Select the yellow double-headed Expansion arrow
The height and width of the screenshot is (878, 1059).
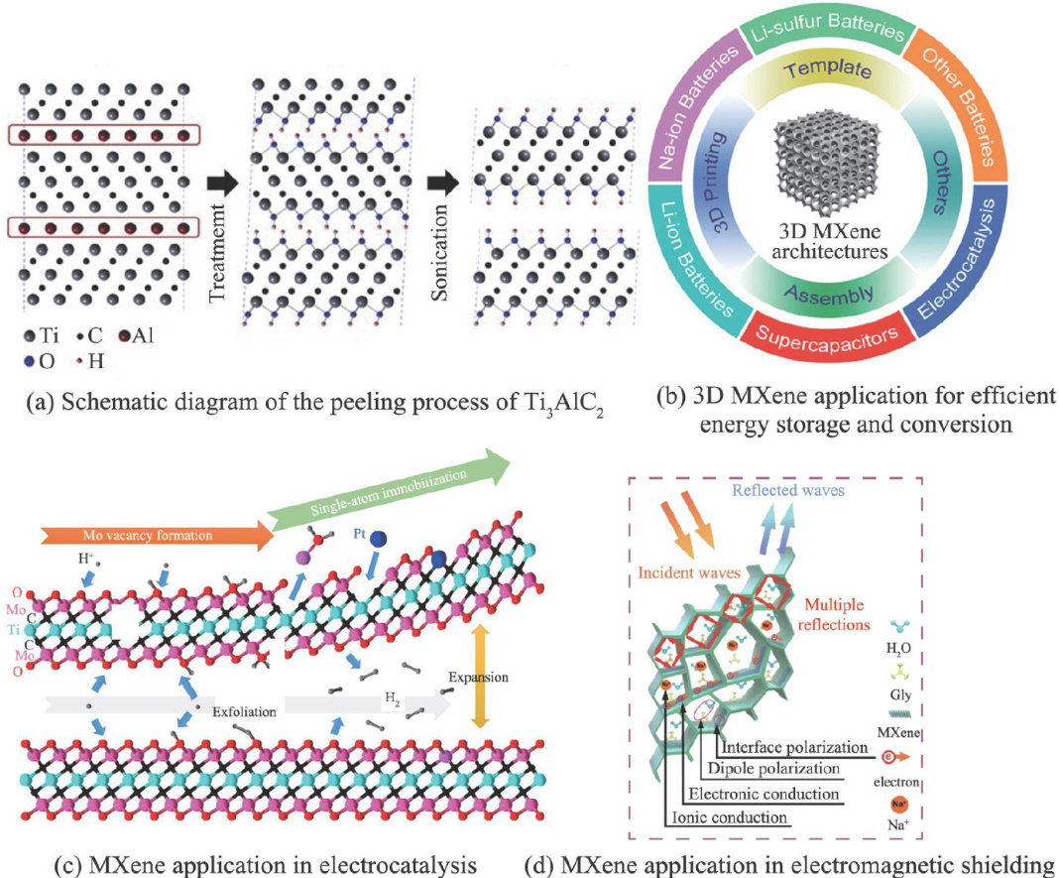480,677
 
